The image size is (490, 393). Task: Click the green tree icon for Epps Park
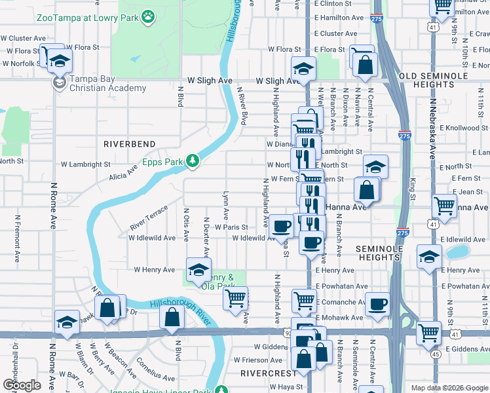click(x=192, y=159)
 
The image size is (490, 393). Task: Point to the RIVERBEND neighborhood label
click(x=130, y=143)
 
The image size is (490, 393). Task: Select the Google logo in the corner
click(x=22, y=384)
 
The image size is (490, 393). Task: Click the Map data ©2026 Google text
click(x=449, y=388)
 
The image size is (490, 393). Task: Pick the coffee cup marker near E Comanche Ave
click(x=377, y=304)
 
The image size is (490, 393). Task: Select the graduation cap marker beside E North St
click(x=376, y=166)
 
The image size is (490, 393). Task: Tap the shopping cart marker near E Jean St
click(x=444, y=206)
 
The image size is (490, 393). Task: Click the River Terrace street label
click(x=149, y=217)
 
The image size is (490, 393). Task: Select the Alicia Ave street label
click(x=123, y=172)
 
